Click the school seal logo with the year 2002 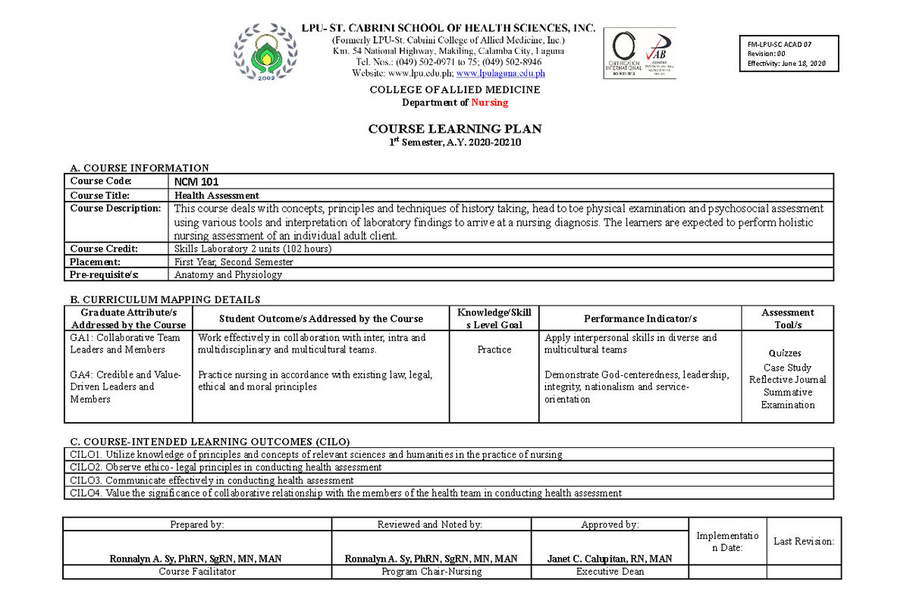(x=265, y=55)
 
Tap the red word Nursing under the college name (x=489, y=102)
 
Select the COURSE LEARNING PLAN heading (x=454, y=129)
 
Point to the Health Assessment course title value (x=217, y=196)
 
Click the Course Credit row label (x=105, y=249)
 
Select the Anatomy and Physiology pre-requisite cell (x=228, y=274)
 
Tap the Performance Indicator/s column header (x=640, y=319)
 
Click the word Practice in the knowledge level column (x=494, y=349)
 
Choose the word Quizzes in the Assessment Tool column (x=785, y=353)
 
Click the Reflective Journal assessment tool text (x=787, y=380)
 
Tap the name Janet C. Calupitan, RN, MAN (x=609, y=559)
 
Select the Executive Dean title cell (x=609, y=572)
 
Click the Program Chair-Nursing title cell (x=431, y=572)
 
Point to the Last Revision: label (x=803, y=541)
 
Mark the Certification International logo (x=623, y=55)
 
